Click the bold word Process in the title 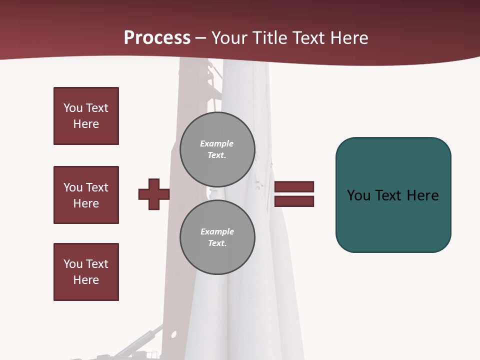(157, 38)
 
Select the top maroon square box (86, 116)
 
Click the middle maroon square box (86, 195)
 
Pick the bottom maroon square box (86, 272)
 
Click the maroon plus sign (154, 194)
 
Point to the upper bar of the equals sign (294, 187)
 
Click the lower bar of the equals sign (294, 201)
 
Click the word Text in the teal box (389, 195)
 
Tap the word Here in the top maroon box (86, 124)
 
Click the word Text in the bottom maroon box (96, 264)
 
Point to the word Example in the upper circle (217, 143)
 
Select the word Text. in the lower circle (217, 243)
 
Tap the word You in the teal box (358, 195)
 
